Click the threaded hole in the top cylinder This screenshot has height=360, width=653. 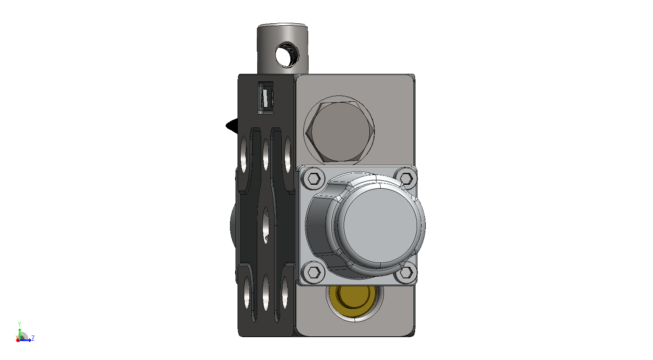click(x=287, y=54)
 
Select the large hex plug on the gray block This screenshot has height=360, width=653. click(x=339, y=131)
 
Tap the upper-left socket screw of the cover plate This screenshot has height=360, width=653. click(x=314, y=178)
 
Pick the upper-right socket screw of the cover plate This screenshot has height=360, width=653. click(x=406, y=178)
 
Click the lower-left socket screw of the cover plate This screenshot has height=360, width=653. click(x=313, y=272)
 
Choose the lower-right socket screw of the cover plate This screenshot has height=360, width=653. click(x=406, y=273)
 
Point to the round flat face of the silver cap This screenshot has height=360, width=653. click(x=380, y=225)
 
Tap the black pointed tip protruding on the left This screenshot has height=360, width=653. click(x=232, y=126)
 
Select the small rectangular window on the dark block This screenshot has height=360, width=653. click(x=266, y=98)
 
